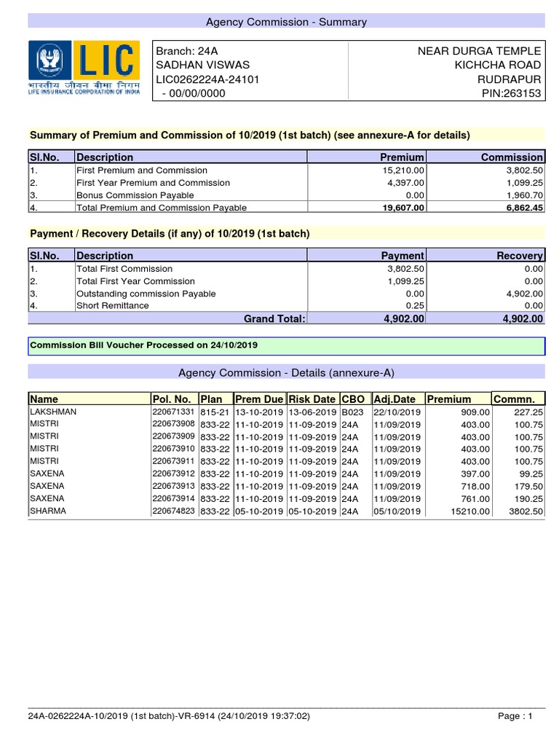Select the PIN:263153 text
click(x=512, y=93)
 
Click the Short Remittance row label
click(x=113, y=305)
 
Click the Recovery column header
click(x=519, y=256)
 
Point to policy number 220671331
click(x=173, y=412)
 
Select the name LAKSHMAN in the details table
click(x=53, y=412)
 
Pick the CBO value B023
click(x=352, y=412)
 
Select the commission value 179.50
click(x=528, y=486)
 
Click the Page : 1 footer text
click(x=515, y=716)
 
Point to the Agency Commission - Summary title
click(x=286, y=22)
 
